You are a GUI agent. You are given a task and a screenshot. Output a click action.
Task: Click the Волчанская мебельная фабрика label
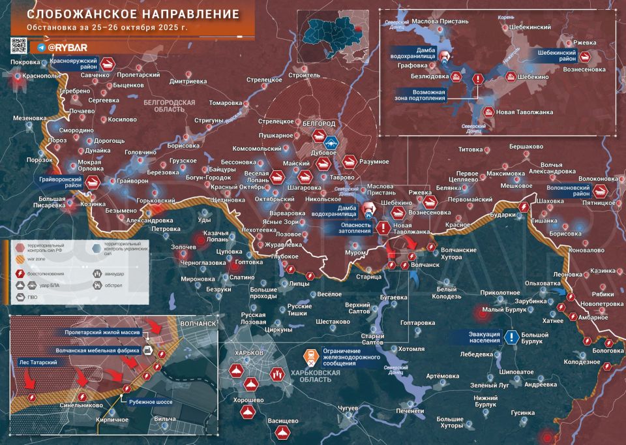coord(98,350)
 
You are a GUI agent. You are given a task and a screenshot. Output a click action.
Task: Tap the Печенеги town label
coord(410,411)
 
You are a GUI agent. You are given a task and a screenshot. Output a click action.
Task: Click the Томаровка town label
coord(226,103)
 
